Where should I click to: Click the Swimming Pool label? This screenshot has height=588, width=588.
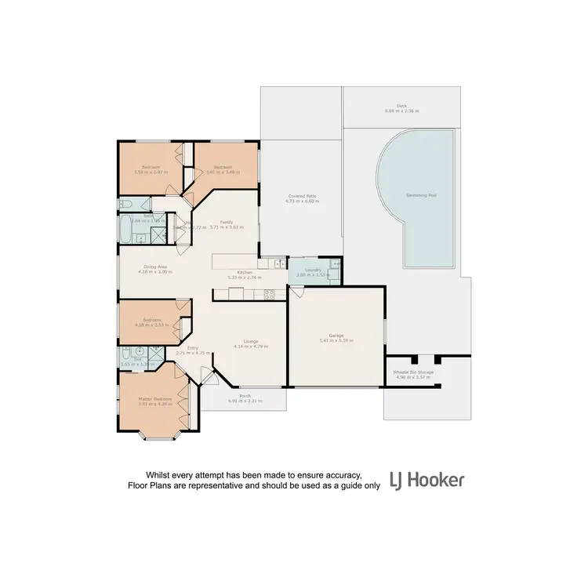point(422,194)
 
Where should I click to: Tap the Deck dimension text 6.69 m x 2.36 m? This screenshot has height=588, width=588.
point(401,111)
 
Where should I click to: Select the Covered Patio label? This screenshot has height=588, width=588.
point(302,196)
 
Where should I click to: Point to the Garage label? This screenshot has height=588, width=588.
point(336,335)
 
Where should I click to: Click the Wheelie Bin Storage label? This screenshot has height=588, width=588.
point(412,372)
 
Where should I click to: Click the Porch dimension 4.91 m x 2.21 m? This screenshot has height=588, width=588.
point(245,401)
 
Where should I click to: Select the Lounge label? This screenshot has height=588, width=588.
point(252,341)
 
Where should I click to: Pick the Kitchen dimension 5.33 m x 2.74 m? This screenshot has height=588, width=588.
point(245,278)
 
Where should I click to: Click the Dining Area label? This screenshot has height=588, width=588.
point(154,267)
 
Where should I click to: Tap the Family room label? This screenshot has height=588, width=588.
point(226,222)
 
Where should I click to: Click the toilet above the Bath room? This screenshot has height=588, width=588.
point(125,205)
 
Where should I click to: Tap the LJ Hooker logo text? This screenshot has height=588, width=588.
point(427,480)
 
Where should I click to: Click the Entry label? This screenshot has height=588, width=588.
point(192,348)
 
